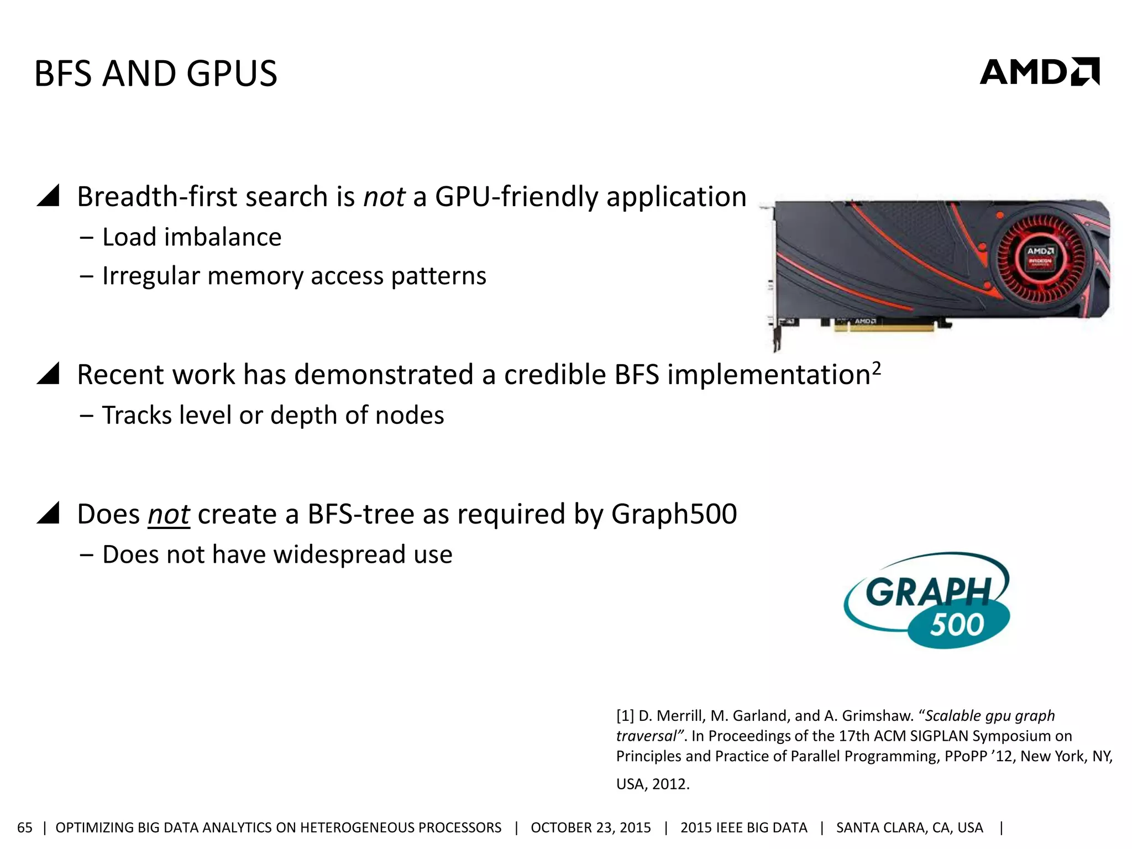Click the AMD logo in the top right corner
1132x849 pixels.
[1039, 72]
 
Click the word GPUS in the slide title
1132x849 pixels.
[232, 74]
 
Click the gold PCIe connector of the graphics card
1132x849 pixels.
[884, 327]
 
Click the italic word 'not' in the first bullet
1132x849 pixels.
[384, 197]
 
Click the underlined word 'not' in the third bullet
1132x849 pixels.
[169, 515]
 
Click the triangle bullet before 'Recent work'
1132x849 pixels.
[48, 374]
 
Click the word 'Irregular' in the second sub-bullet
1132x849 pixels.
[150, 276]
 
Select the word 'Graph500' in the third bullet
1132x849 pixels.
[674, 514]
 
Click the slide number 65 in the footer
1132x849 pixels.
[25, 827]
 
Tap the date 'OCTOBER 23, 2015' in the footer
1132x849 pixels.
[590, 827]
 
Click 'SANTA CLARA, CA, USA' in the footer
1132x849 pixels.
[909, 827]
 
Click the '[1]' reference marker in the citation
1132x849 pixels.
[625, 716]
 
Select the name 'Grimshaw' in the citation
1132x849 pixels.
[876, 716]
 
